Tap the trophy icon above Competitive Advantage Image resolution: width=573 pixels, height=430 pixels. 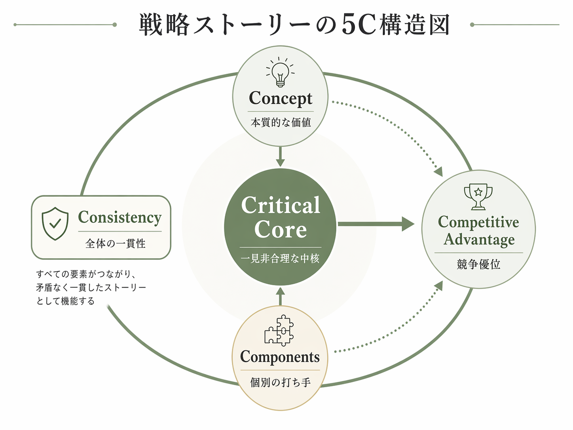click(478, 196)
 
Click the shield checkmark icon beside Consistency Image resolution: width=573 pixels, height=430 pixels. click(55, 223)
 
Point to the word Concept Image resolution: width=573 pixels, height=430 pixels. click(281, 99)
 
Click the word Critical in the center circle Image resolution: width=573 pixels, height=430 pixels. click(281, 205)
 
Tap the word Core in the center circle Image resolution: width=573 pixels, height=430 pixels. click(281, 230)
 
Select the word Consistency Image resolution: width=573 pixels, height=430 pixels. click(120, 217)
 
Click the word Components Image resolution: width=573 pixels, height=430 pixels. click(280, 357)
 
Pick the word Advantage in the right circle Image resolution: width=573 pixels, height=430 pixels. click(479, 240)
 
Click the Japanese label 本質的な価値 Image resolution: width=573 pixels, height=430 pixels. click(281, 123)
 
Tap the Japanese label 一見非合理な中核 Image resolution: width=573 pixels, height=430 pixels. click(280, 259)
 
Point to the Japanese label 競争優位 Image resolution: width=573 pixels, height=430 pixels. click(478, 264)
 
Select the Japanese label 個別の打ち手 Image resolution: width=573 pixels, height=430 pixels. click(280, 382)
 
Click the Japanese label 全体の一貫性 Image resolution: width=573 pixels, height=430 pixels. click(116, 244)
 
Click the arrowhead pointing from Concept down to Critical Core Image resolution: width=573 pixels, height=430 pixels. click(280, 162)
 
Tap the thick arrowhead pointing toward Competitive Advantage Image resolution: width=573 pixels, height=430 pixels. click(408, 224)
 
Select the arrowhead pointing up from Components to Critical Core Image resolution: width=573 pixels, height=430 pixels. click(280, 292)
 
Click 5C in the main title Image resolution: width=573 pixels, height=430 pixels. click(358, 25)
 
